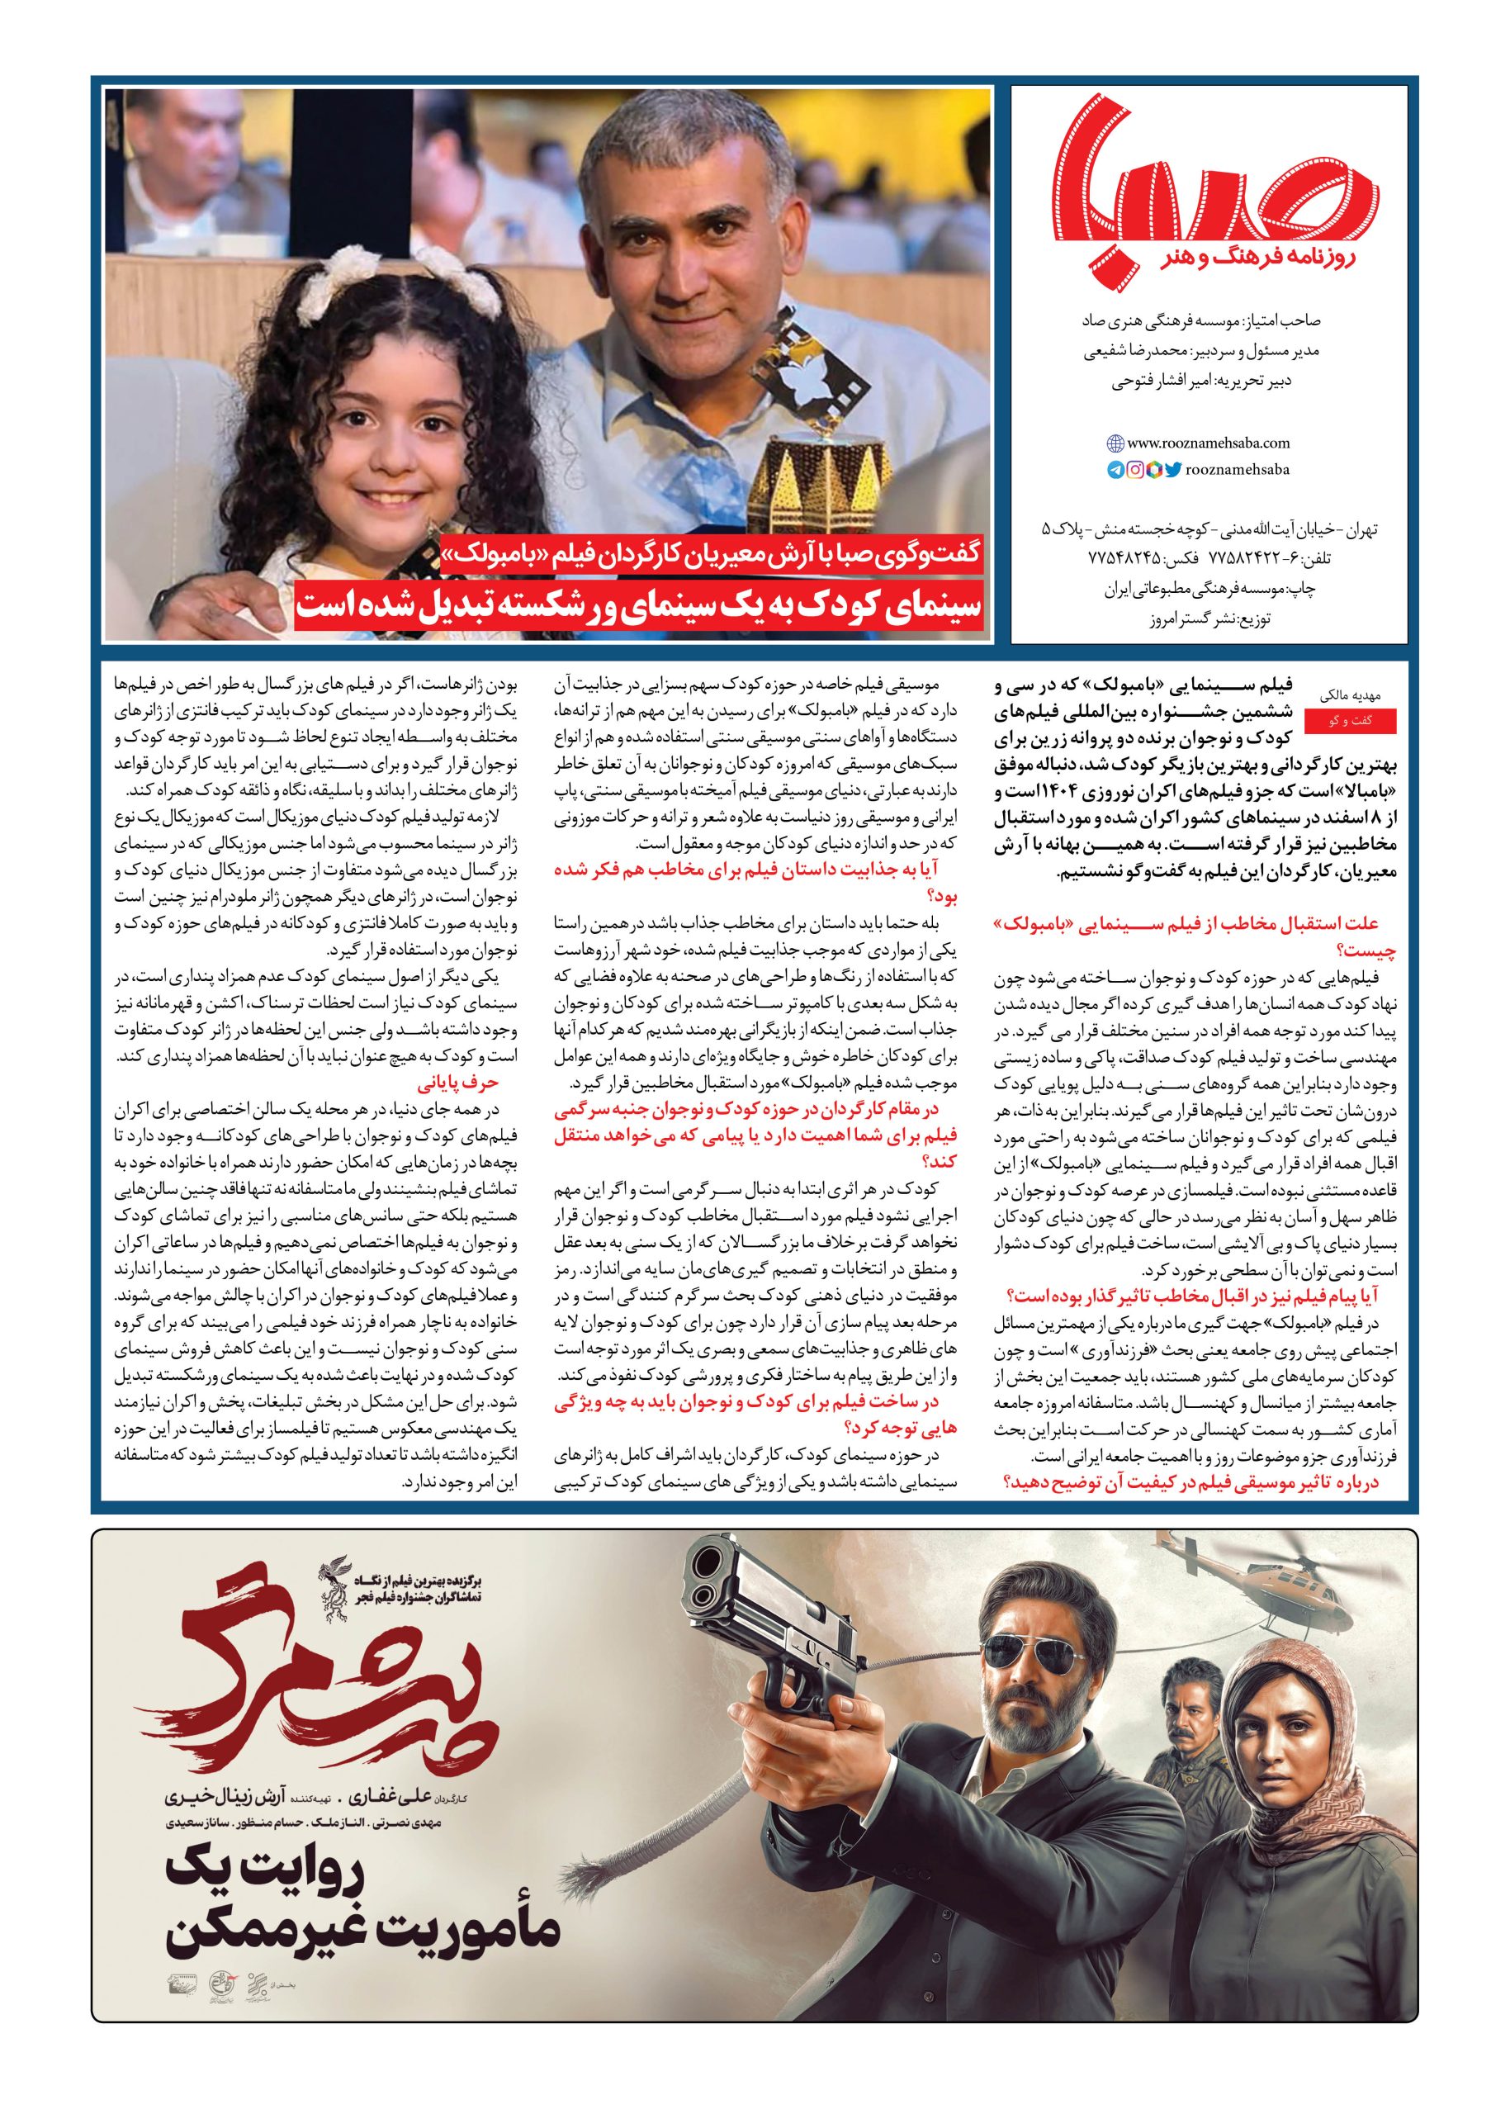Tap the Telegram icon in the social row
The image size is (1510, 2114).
(x=1115, y=471)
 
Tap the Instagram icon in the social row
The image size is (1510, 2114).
(x=1135, y=471)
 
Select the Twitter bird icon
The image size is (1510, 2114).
(x=1173, y=471)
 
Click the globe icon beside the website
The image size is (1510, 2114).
(x=1115, y=443)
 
